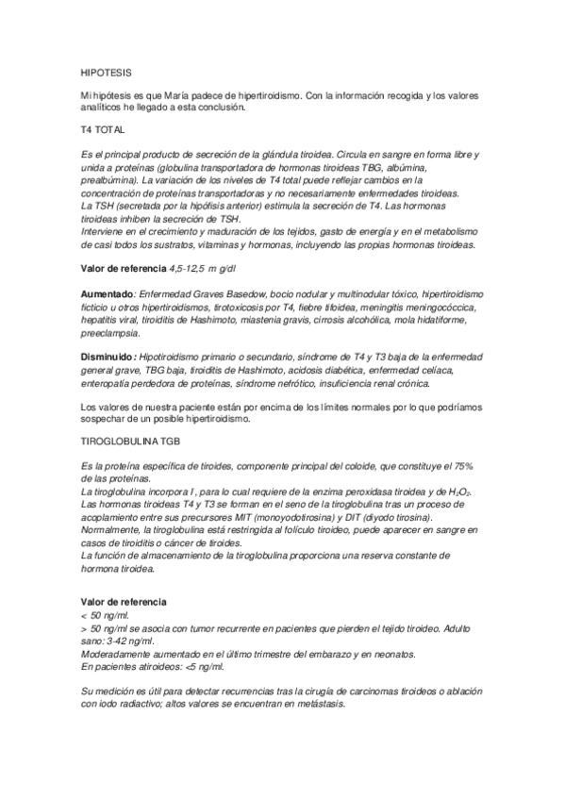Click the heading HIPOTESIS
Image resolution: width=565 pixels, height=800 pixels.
[107, 71]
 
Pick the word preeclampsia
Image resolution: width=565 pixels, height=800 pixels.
[109, 333]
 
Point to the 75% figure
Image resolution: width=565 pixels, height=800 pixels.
[469, 468]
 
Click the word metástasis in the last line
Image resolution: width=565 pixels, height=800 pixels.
[317, 705]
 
